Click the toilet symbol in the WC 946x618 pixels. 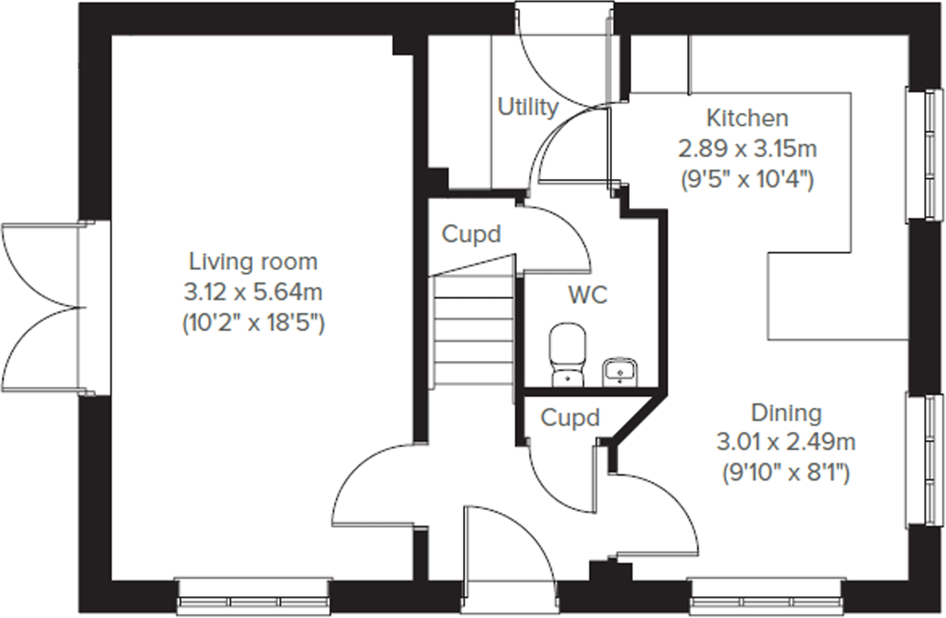(x=567, y=354)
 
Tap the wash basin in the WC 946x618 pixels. (x=620, y=372)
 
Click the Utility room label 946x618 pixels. (x=527, y=107)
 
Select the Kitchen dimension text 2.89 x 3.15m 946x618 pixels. (x=747, y=149)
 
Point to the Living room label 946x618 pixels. (x=253, y=261)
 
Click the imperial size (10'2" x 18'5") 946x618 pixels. (x=253, y=322)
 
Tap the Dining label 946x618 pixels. (x=786, y=413)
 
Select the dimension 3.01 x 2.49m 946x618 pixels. (x=786, y=442)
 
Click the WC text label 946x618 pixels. (x=587, y=295)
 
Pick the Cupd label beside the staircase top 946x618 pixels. (x=471, y=234)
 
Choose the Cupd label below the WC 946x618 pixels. (x=570, y=418)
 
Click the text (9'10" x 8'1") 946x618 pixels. (x=786, y=473)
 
